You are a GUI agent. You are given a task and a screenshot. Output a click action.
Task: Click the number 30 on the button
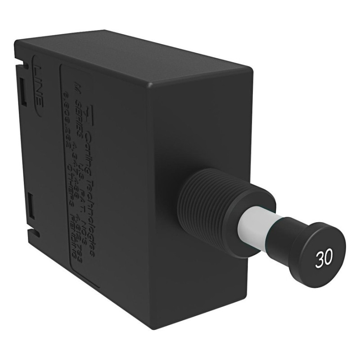click(x=324, y=259)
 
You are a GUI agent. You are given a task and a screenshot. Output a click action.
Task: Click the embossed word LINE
click(x=39, y=86)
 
